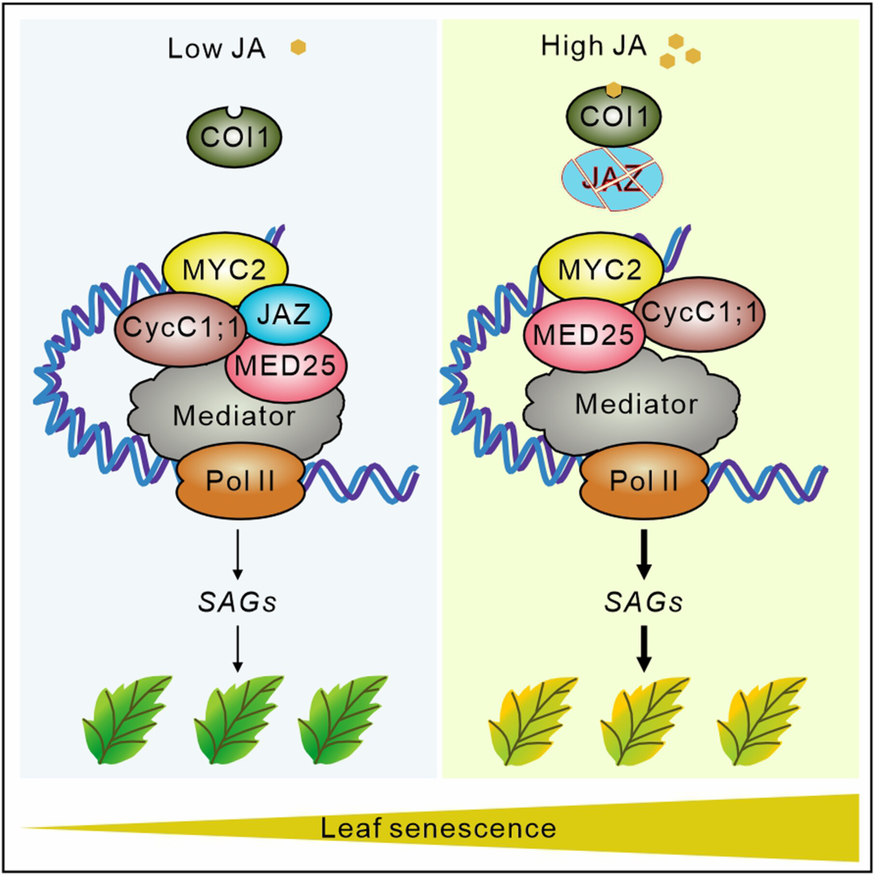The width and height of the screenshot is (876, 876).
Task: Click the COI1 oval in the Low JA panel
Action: coord(234,137)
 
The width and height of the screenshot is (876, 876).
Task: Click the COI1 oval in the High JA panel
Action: coord(613,116)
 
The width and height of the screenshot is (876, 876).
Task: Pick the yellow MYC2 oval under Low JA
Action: coord(225,269)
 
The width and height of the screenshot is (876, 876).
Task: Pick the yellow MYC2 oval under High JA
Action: coord(600,269)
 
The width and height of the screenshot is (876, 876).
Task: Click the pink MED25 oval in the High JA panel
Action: coord(584,335)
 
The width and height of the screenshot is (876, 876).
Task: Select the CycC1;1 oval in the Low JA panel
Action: coord(181,328)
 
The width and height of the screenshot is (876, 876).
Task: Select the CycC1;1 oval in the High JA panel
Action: coord(699,313)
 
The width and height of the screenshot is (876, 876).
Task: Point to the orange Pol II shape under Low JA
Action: coord(240,481)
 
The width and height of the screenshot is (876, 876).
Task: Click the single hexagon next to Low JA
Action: coord(298,47)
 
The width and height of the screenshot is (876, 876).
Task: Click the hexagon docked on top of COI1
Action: coord(613,89)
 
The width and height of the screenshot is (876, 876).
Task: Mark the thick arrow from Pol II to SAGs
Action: coord(644,554)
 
